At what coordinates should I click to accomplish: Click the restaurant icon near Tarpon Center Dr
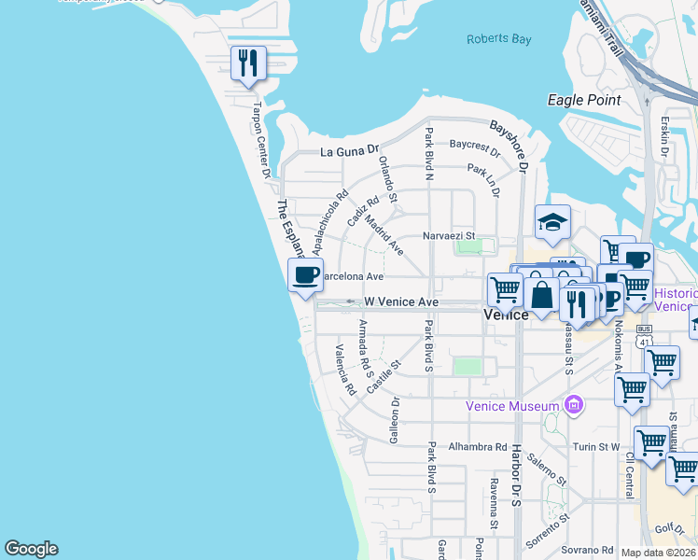[248, 63]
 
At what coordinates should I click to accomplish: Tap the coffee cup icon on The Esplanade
[305, 274]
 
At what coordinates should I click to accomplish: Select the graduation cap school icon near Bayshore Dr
[552, 222]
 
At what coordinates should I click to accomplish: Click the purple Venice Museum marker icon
[574, 405]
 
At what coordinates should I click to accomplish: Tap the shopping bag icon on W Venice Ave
[541, 296]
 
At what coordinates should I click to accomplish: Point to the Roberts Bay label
[499, 39]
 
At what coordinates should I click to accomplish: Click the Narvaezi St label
[449, 236]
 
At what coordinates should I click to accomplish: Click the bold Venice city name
[507, 315]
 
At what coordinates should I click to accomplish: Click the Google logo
[31, 549]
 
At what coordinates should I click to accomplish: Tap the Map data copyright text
[658, 553]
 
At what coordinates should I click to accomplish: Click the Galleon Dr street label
[394, 419]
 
